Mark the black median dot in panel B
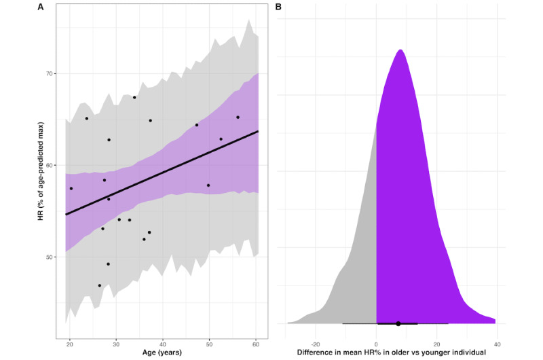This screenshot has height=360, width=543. pyautogui.click(x=398, y=323)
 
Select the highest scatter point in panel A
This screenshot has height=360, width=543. pyautogui.click(x=134, y=97)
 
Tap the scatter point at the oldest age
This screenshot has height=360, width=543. pyautogui.click(x=238, y=117)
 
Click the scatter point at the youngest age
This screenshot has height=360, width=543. pyautogui.click(x=71, y=188)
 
